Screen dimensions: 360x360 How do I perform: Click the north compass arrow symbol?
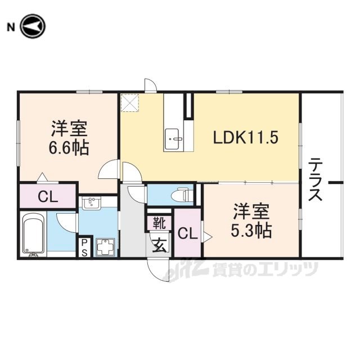tap(33, 26)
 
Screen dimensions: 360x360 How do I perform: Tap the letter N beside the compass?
tap(11, 28)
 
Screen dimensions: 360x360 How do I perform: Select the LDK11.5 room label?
tap(246, 137)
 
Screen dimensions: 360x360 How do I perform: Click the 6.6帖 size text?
tap(69, 147)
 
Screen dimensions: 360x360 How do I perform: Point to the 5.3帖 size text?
tap(251, 230)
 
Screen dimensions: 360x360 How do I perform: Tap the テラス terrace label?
tap(315, 179)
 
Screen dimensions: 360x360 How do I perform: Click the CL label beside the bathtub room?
tap(48, 197)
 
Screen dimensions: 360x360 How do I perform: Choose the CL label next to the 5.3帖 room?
tap(187, 233)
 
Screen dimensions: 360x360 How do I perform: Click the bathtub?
tap(34, 234)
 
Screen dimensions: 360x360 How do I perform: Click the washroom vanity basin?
tap(91, 202)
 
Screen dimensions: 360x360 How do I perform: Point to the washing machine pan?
tap(105, 247)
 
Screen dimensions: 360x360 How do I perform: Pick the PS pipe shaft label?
tap(84, 247)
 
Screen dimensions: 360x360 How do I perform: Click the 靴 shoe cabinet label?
tap(159, 223)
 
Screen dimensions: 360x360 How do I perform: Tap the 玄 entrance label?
tap(160, 245)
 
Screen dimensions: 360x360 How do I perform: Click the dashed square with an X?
tap(130, 102)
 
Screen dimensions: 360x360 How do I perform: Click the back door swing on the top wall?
tap(151, 85)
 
